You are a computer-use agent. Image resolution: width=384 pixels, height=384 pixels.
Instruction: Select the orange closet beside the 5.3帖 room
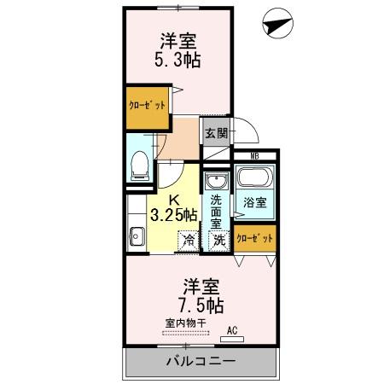[x=147, y=108]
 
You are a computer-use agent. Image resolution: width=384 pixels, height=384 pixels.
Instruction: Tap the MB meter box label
[x=253, y=156]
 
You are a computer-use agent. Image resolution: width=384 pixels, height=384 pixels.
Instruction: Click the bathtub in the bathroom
[x=254, y=179]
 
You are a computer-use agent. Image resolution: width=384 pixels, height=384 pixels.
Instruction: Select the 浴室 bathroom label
[x=255, y=204]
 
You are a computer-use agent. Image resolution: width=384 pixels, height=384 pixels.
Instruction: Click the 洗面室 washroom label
[x=218, y=210]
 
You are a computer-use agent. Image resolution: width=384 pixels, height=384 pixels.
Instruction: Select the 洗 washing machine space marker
[x=218, y=241]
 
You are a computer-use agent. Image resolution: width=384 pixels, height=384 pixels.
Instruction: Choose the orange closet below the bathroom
[x=255, y=239]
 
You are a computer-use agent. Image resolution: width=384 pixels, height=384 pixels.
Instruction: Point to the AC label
[x=231, y=330]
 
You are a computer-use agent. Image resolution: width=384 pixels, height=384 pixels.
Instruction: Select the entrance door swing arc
[x=246, y=129]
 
